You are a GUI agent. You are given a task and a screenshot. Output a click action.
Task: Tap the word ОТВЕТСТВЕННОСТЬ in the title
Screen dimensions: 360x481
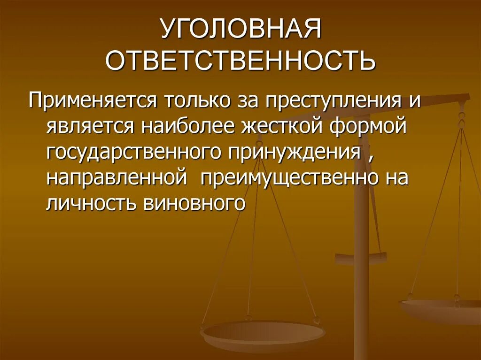240,61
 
